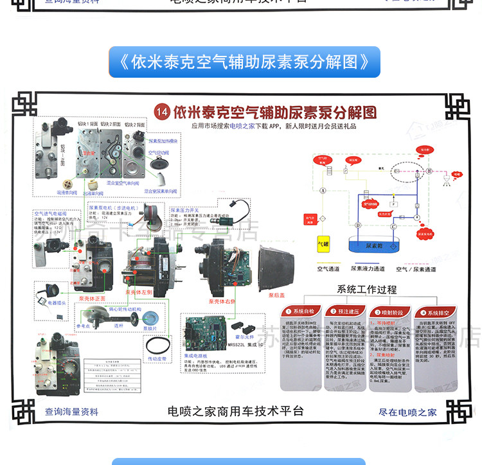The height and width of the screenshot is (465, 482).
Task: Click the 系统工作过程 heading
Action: (367, 290)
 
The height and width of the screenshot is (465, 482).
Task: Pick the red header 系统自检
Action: (302, 311)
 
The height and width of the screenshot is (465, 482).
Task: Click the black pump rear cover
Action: (277, 264)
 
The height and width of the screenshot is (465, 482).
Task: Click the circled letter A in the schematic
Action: (323, 191)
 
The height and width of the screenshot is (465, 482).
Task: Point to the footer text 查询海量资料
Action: (72, 412)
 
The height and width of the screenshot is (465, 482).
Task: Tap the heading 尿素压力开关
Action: (186, 209)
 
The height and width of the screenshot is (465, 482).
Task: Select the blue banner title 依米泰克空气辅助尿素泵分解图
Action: (244, 62)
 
